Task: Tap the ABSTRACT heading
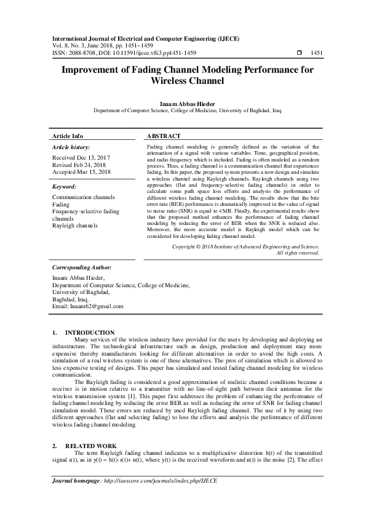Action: pos(164,136)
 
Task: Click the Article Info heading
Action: pos(68,136)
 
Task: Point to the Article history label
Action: pos(71,148)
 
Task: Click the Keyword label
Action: pos(65,186)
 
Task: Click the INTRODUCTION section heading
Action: pos(90,332)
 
